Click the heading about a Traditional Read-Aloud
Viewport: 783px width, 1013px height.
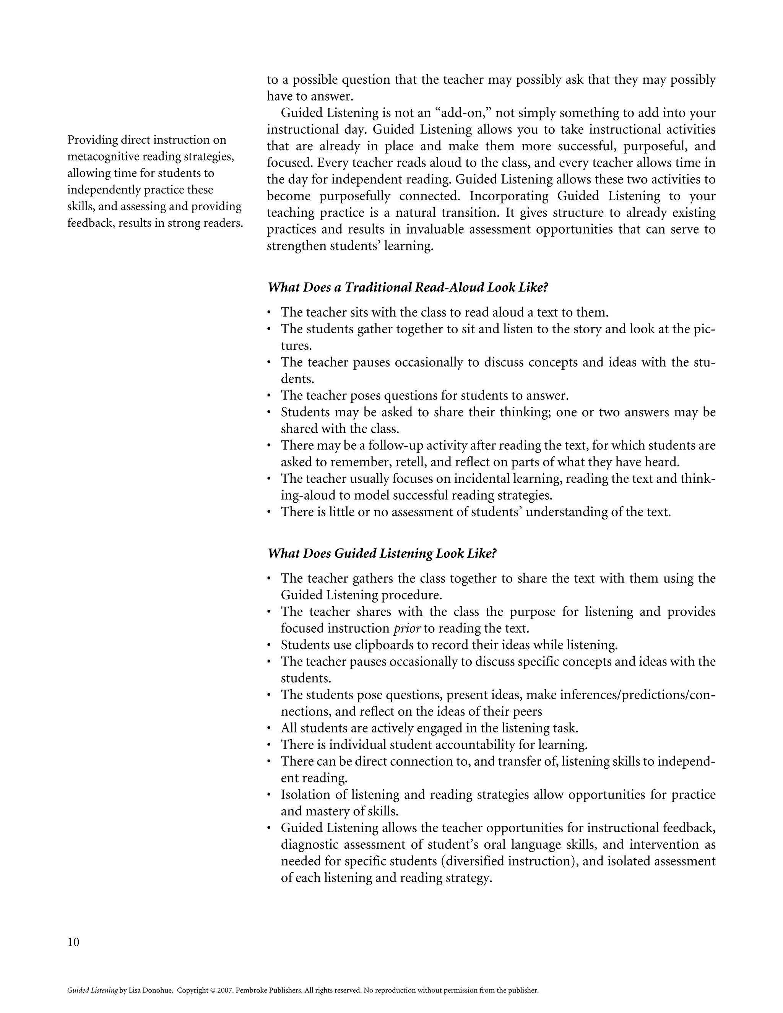tap(407, 287)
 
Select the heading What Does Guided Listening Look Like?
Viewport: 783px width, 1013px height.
tap(382, 554)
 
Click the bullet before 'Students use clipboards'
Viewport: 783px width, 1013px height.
tap(269, 645)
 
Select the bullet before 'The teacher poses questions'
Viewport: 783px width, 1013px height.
tap(269, 396)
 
